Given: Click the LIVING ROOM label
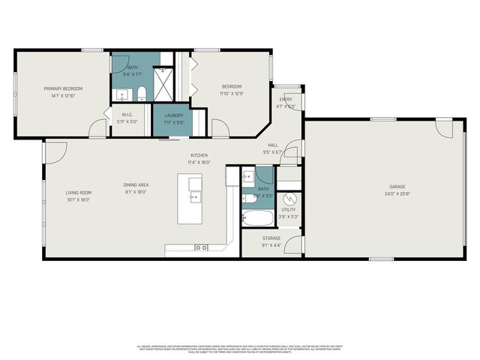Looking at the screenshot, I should click(78, 193).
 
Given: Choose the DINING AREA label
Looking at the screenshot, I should click(136, 185).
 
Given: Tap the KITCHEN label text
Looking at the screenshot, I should click(199, 155).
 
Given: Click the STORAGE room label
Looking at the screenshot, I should click(271, 238).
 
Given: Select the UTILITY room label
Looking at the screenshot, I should click(289, 210).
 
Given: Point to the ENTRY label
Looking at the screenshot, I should click(286, 100).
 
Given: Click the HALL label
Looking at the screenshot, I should click(272, 145).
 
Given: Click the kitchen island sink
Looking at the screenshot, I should click(194, 197).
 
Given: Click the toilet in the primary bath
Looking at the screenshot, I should click(141, 94).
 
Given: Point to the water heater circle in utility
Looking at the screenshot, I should click(291, 199).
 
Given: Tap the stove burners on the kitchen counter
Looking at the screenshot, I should click(201, 247).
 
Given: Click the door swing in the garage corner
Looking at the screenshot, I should click(445, 128).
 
